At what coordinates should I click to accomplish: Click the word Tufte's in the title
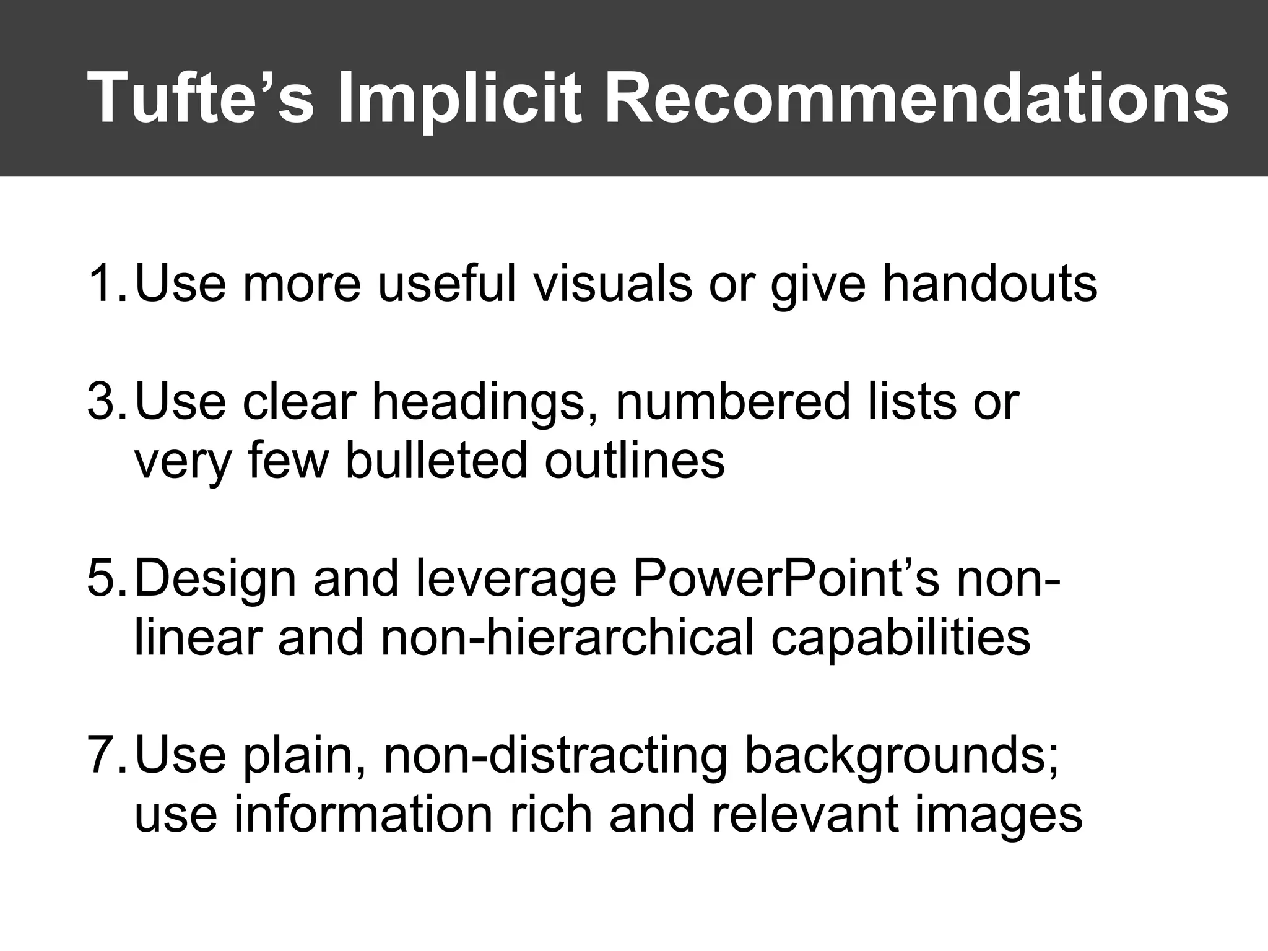click(201, 98)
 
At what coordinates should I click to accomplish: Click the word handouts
click(989, 283)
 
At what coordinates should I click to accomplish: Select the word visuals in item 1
click(612, 283)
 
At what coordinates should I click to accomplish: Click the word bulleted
click(436, 459)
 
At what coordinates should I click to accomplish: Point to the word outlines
click(635, 459)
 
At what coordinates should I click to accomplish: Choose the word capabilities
click(900, 638)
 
